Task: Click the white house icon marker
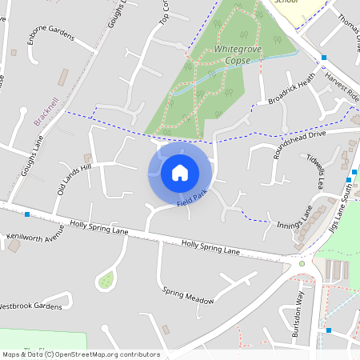tap(180, 172)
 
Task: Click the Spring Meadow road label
tap(189, 295)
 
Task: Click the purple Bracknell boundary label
tap(46, 112)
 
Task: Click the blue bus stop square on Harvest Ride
tap(324, 58)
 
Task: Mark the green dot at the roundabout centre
tap(302, 263)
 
